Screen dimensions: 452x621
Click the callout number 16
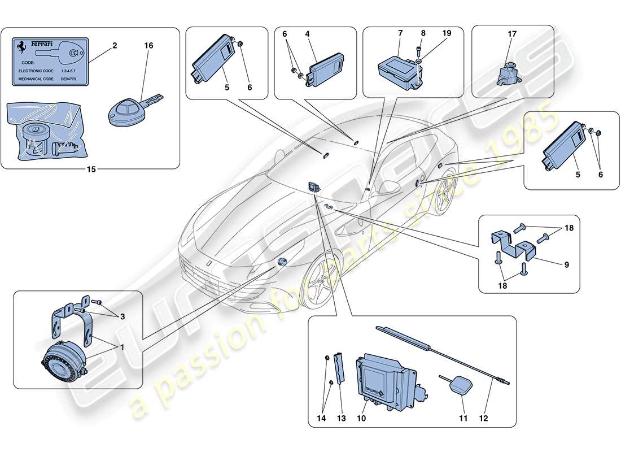tap(149, 45)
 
